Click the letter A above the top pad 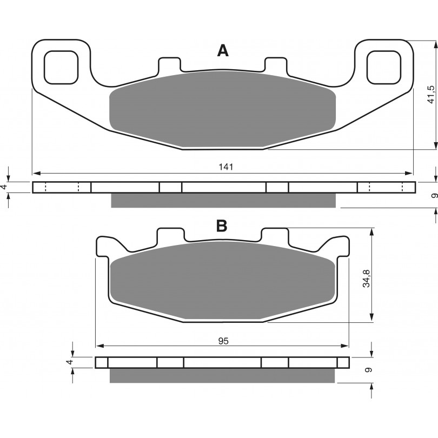[x=223, y=51]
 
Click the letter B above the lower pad [x=222, y=225]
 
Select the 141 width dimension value [x=225, y=167]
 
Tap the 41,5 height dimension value [x=431, y=95]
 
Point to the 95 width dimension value [x=223, y=341]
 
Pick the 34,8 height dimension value [x=366, y=278]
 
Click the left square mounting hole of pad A [x=61, y=68]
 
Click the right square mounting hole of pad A [x=384, y=68]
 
